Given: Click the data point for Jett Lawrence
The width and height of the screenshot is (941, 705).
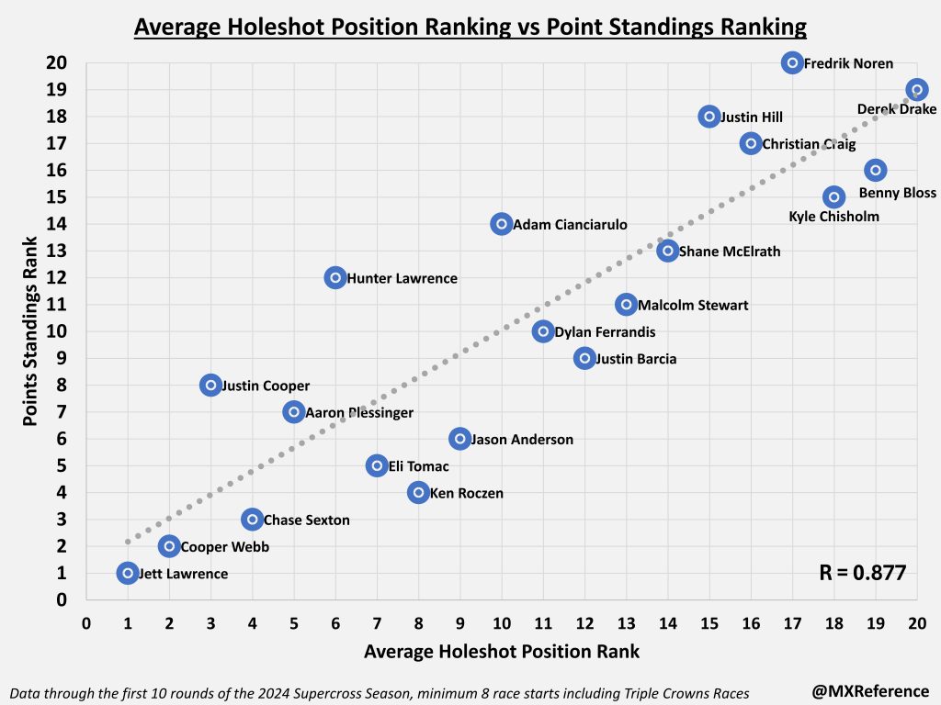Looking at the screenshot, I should point(128,573).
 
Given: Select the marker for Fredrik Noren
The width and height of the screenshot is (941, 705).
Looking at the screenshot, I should point(792,63).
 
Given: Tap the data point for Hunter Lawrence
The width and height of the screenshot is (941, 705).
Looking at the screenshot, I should point(335,277).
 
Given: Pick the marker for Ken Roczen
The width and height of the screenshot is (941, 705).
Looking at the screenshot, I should point(418,492).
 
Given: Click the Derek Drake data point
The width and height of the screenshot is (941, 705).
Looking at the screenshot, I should point(916,90).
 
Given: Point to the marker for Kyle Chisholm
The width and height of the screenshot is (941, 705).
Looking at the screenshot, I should point(833,197).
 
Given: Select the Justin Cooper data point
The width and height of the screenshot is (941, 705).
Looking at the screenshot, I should point(210,386).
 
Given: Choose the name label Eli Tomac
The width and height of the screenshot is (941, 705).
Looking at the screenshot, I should point(418,466).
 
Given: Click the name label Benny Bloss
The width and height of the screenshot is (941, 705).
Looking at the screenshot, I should point(897,193).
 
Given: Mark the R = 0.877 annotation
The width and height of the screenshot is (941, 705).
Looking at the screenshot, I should point(862,573).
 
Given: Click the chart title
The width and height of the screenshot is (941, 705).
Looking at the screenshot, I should point(470,27).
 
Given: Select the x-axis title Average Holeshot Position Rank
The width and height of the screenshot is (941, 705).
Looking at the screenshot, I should point(502,652).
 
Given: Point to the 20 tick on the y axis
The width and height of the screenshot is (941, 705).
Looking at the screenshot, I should point(58,63).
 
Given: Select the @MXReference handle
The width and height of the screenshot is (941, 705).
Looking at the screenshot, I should point(870,690).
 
